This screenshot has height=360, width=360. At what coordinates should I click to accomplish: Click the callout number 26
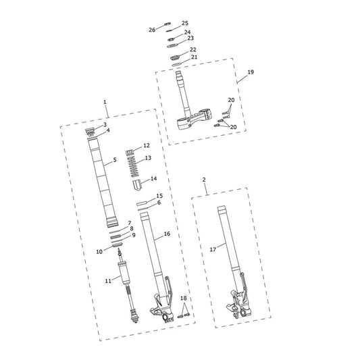coord(152,30)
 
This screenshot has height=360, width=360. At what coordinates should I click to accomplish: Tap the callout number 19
coord(251,72)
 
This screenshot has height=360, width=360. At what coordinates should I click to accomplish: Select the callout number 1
coord(105,102)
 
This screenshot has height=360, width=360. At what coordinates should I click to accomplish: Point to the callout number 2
coord(204,180)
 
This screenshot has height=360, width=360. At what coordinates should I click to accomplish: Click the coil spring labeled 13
coord(132,166)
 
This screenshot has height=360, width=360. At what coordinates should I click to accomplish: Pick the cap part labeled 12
coord(130,152)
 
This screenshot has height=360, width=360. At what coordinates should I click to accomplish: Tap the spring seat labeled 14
coord(137,185)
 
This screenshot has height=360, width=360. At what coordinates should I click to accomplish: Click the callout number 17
coord(213,249)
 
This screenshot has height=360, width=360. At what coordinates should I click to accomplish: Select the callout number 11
coord(108,281)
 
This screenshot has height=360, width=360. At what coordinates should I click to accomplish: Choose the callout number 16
coord(167,234)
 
